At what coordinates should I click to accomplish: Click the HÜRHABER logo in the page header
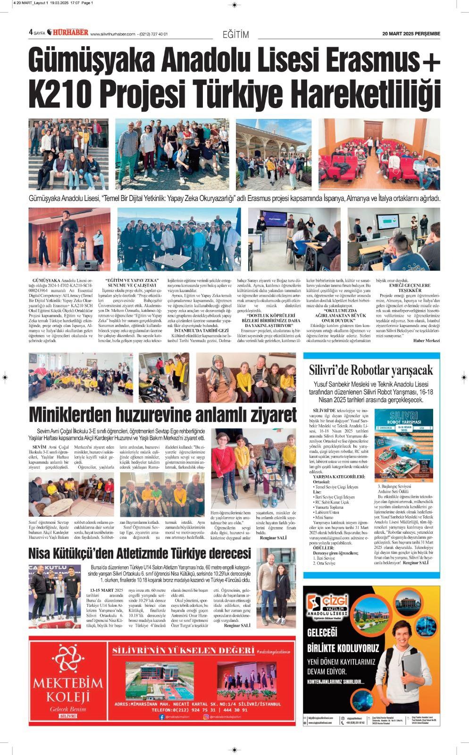point(71,33)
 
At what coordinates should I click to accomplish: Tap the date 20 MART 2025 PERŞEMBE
point(411,34)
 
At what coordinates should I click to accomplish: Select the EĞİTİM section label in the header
point(235,34)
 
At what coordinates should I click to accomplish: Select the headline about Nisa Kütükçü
point(140,553)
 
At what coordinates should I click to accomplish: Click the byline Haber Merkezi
point(426,340)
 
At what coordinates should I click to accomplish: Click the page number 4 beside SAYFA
point(30,33)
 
